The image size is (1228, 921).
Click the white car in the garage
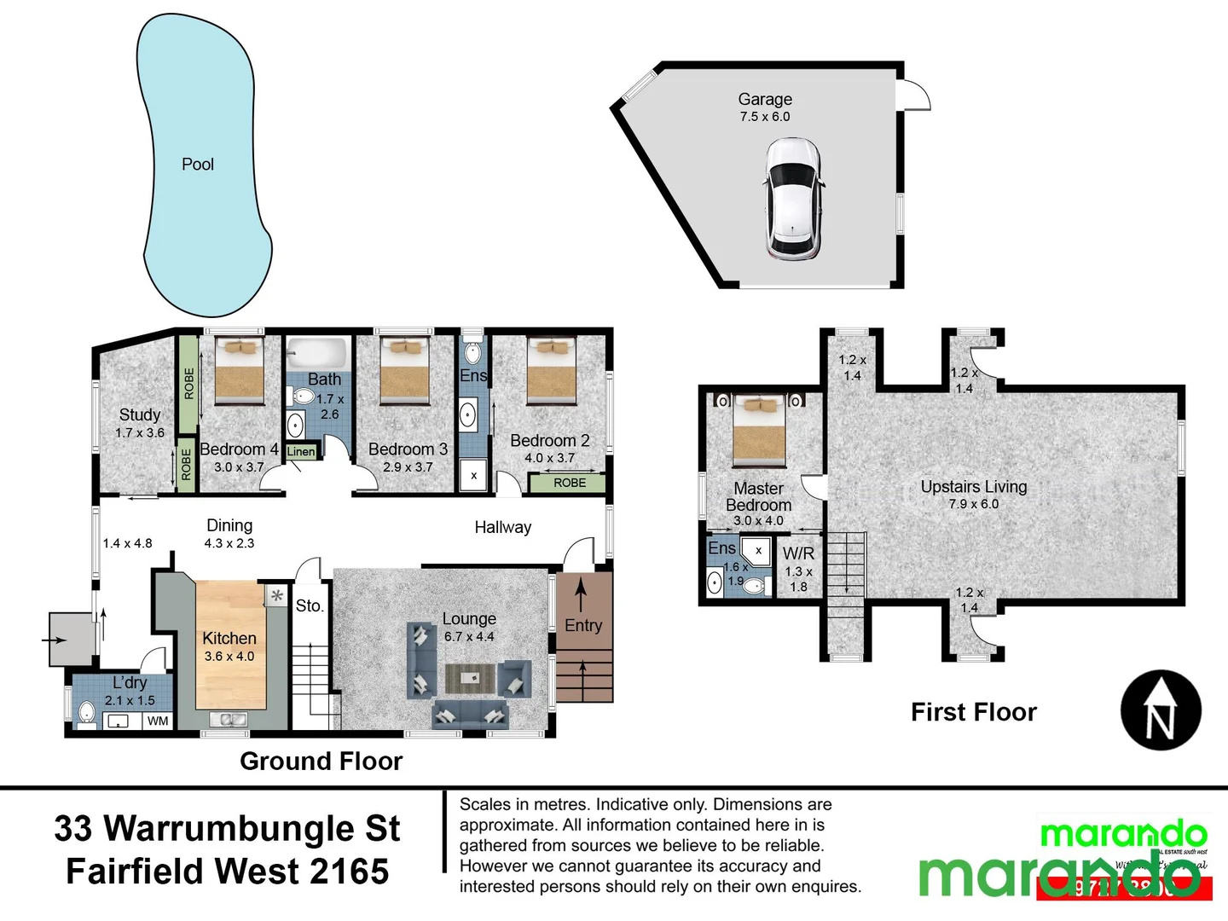[x=794, y=199]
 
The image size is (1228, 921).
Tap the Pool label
[x=198, y=165]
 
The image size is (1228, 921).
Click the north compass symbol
[x=1161, y=710]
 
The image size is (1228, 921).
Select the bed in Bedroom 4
[x=240, y=371]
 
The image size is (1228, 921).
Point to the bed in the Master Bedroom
[x=759, y=431]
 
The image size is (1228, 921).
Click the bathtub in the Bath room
[x=316, y=352]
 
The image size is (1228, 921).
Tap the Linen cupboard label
[x=301, y=452]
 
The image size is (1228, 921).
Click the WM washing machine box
[x=158, y=721]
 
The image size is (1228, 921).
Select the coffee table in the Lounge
[x=470, y=679]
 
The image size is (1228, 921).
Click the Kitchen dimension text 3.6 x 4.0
[x=229, y=657]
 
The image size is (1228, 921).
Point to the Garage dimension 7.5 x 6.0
[x=765, y=117]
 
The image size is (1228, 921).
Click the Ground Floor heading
[x=321, y=761]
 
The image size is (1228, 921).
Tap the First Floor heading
[x=973, y=712]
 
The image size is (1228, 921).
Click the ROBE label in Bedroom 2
[x=570, y=483]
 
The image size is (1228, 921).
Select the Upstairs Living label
[x=973, y=487]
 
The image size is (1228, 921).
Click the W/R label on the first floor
[x=798, y=553]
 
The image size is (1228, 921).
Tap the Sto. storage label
[x=310, y=606]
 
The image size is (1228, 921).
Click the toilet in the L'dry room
[x=86, y=712]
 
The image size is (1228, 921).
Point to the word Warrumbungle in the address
[x=252, y=829]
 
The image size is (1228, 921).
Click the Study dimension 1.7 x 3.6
[x=140, y=433]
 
